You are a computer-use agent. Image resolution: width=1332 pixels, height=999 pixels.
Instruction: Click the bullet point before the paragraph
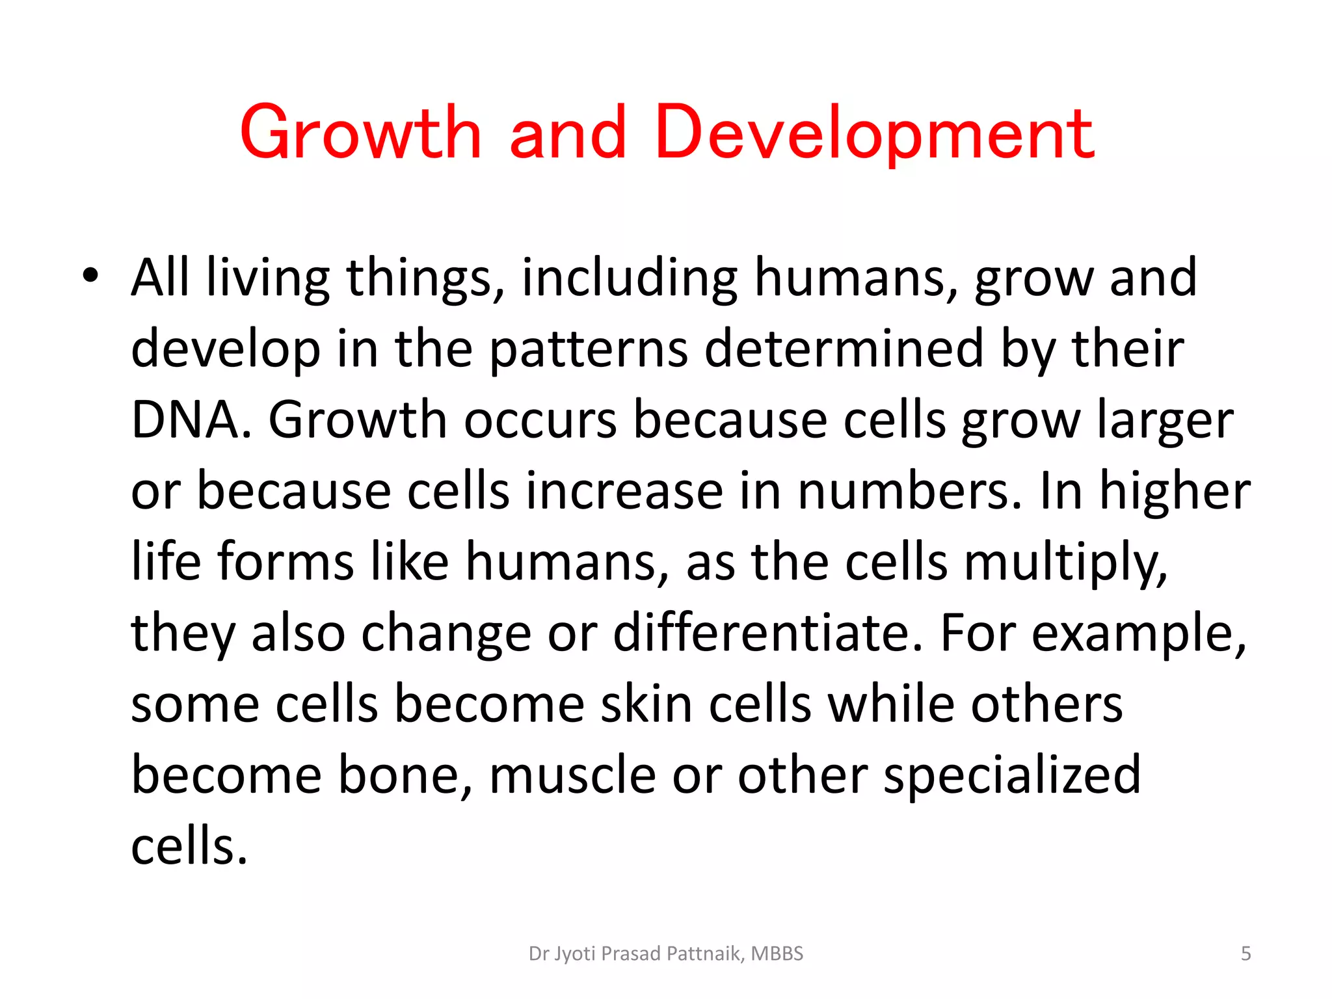coord(90,276)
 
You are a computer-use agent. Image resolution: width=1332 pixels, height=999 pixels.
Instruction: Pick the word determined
coord(844,349)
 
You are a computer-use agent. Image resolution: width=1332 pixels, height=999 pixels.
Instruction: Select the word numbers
coord(910,492)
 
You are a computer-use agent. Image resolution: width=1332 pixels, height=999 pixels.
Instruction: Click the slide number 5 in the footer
coord(1245,953)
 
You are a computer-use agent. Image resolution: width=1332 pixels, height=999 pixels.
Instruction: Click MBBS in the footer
coord(777,953)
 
